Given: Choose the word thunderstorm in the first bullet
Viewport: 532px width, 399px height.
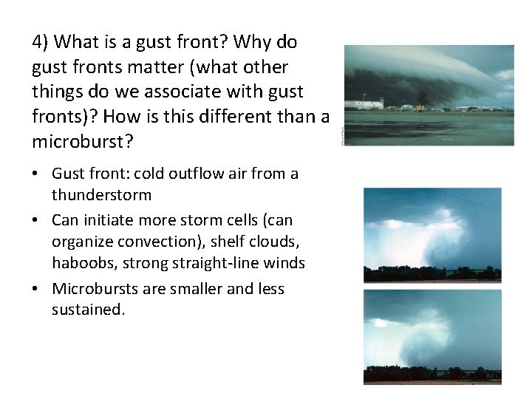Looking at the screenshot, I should pos(101,195).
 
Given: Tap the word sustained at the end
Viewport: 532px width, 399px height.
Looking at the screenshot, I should pos(86,309).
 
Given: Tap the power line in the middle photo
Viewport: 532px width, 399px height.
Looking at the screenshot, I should pos(465,199).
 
